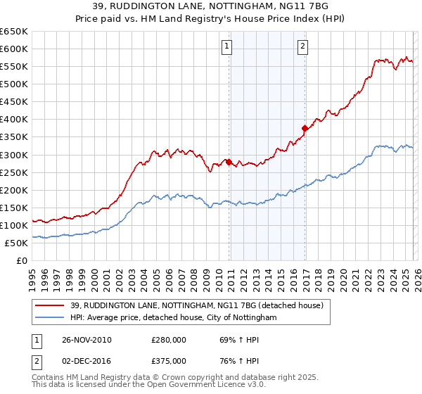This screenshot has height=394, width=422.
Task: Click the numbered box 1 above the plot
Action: tap(227, 47)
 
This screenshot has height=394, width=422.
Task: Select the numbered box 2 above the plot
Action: tap(302, 47)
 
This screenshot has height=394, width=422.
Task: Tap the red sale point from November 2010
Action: tap(229, 162)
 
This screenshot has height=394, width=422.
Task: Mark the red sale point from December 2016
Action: tap(305, 128)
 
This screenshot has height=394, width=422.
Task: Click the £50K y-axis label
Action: tap(16, 243)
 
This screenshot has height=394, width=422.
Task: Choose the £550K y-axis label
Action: tap(14, 66)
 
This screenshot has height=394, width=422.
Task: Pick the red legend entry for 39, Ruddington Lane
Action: tap(196, 305)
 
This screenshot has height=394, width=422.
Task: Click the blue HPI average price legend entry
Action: tap(174, 318)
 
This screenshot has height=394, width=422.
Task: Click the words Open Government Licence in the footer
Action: tap(193, 386)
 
